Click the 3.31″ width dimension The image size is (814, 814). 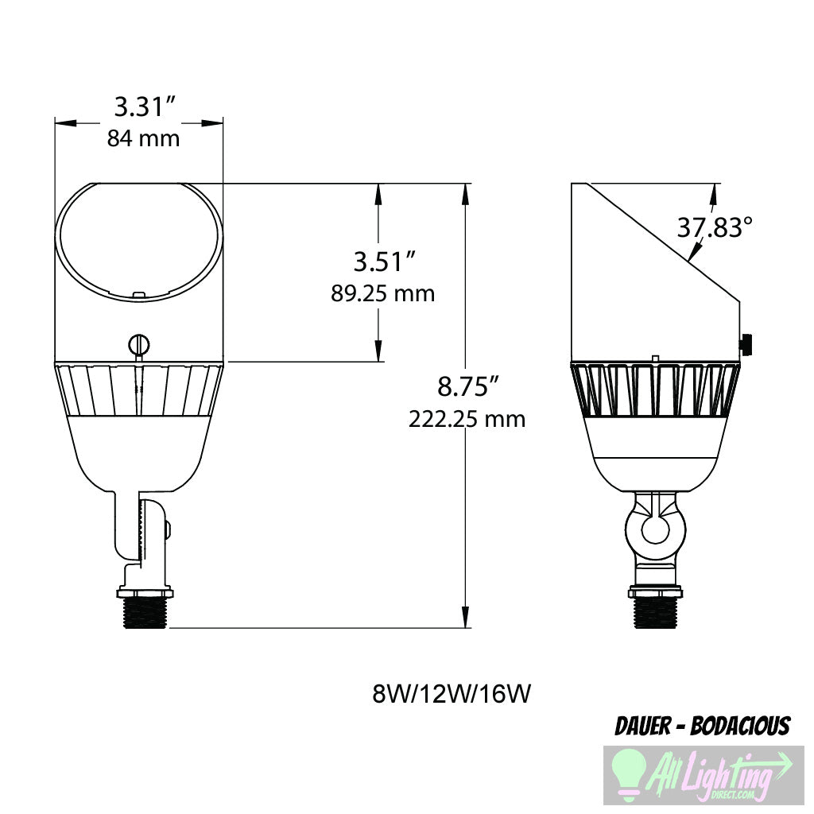click(x=143, y=106)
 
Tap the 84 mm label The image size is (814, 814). click(x=143, y=138)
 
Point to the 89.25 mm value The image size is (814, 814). click(x=383, y=293)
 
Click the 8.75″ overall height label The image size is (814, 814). click(x=467, y=387)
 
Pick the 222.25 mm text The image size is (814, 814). click(x=467, y=419)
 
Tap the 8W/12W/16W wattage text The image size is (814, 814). click(x=451, y=694)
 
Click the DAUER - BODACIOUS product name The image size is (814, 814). click(x=703, y=726)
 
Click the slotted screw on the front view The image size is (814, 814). click(x=138, y=345)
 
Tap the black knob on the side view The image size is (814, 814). click(x=747, y=345)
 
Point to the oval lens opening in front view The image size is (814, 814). click(x=138, y=241)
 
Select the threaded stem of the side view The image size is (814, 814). click(x=655, y=614)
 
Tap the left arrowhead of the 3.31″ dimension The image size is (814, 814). click(x=64, y=123)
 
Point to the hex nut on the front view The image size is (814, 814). click(x=143, y=592)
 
